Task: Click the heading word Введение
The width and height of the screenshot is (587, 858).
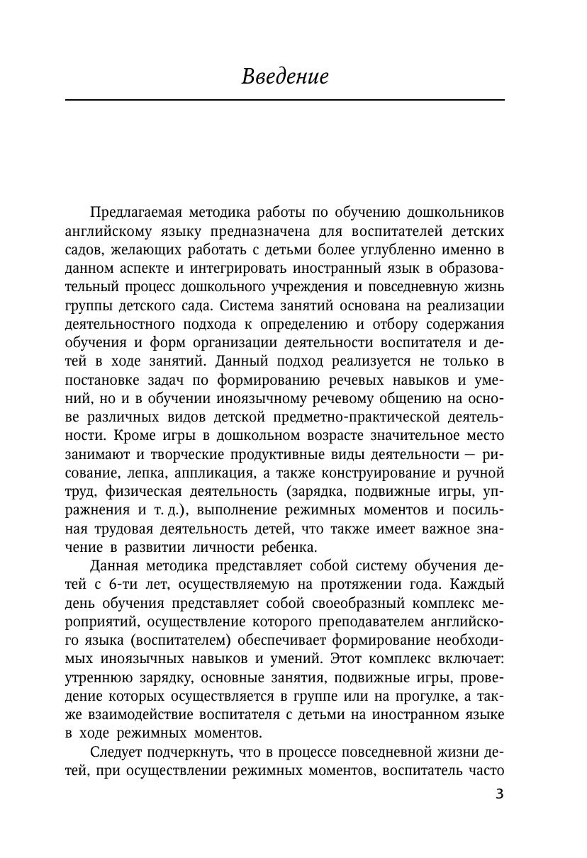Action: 285,77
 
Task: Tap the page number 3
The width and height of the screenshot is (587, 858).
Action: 499,794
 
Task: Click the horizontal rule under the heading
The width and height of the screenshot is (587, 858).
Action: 285,100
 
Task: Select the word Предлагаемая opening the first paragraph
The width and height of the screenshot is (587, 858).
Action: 127,213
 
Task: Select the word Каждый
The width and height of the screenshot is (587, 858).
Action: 478,583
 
